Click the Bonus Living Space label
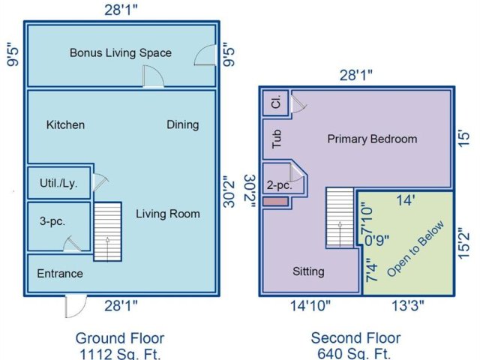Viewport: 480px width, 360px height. click(x=121, y=53)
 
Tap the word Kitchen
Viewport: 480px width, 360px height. click(x=65, y=125)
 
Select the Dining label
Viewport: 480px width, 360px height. click(x=183, y=125)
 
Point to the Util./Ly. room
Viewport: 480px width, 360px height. click(x=59, y=183)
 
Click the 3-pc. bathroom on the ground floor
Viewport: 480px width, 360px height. click(x=59, y=226)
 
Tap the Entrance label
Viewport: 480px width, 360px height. click(x=60, y=273)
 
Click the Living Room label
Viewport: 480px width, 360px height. click(x=168, y=214)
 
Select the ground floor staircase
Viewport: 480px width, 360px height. click(x=107, y=232)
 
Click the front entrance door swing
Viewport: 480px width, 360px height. click(x=76, y=307)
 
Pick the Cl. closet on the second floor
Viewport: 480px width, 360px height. click(x=275, y=103)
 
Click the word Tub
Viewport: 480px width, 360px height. click(x=277, y=139)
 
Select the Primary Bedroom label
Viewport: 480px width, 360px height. click(x=372, y=139)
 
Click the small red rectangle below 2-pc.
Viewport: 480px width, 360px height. click(x=275, y=202)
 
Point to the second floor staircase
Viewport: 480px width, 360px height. click(x=340, y=217)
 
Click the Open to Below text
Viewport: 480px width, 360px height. click(x=415, y=249)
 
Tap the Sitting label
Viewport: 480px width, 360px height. click(x=308, y=271)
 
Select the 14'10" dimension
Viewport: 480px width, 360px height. click(x=310, y=305)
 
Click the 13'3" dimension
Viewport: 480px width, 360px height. click(x=408, y=305)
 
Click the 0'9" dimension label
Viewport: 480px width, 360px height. click(x=377, y=240)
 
